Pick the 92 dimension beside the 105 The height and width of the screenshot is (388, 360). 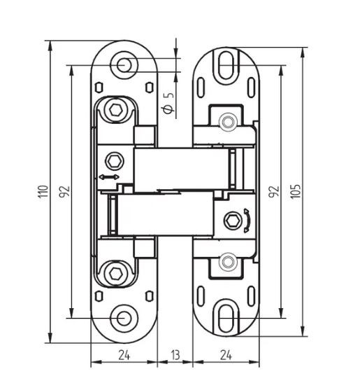click(275, 190)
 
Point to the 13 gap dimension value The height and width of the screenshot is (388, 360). click(175, 355)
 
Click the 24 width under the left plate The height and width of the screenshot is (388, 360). click(123, 355)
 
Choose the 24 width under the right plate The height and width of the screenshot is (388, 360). click(226, 355)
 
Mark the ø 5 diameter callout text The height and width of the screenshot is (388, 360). click(166, 102)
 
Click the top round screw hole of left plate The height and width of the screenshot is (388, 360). click(124, 64)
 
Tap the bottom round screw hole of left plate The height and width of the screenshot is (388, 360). click(124, 317)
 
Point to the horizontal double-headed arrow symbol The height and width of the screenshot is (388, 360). click(108, 178)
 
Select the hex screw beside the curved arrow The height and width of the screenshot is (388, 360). click(231, 222)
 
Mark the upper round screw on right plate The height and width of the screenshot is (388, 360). click(225, 122)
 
